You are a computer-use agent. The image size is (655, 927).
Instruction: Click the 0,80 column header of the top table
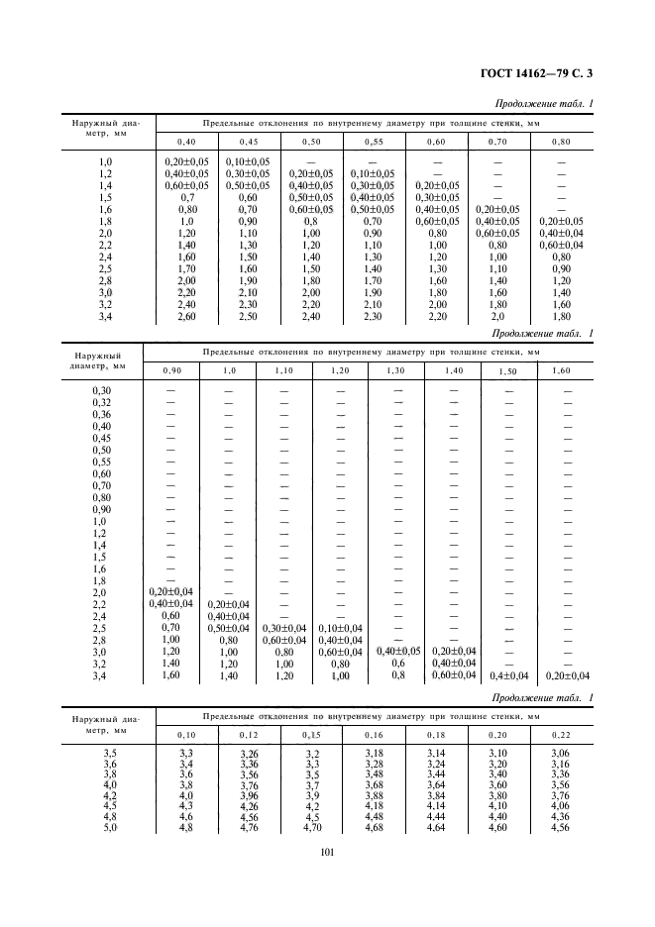[561, 143]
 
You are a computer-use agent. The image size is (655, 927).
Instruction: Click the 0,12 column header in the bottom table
[249, 735]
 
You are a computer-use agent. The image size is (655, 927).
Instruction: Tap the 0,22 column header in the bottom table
[561, 735]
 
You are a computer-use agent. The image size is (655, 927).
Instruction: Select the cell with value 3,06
[561, 754]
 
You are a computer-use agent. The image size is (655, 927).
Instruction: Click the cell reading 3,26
[249, 754]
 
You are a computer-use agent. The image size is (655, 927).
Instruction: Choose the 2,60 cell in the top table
[186, 318]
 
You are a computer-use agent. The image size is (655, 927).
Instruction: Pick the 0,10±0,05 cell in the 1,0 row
[249, 160]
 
